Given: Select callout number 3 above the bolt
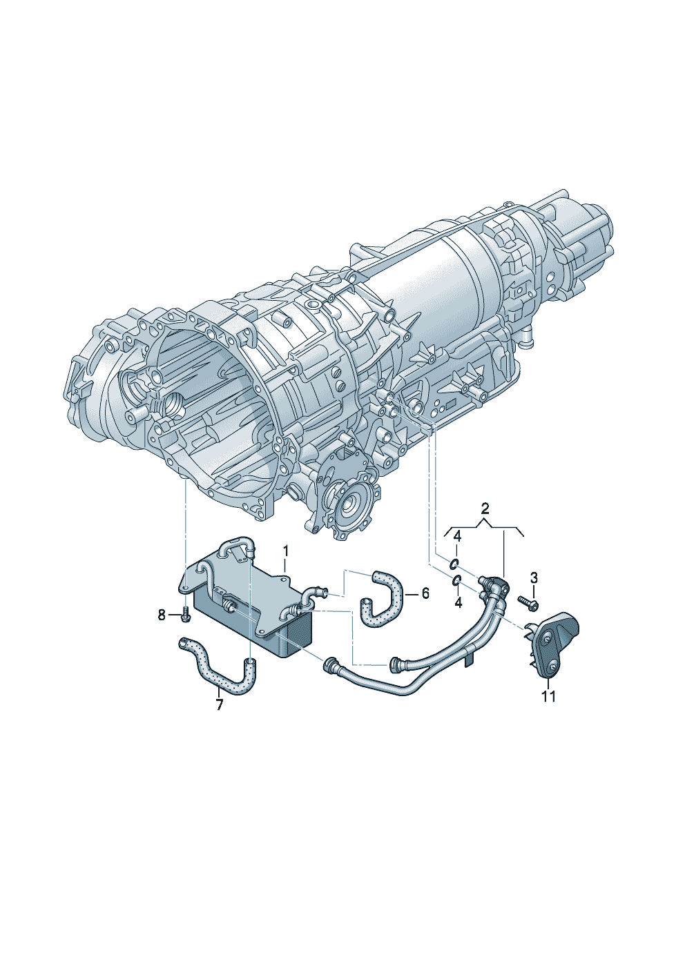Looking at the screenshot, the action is [534, 577].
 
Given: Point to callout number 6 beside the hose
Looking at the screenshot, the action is [425, 593].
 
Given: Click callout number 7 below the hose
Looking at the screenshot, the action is [220, 706].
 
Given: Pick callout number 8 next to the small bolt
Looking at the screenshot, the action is [162, 615].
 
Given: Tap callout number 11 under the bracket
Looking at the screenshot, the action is [548, 697].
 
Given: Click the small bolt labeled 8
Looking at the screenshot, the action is [186, 615].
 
